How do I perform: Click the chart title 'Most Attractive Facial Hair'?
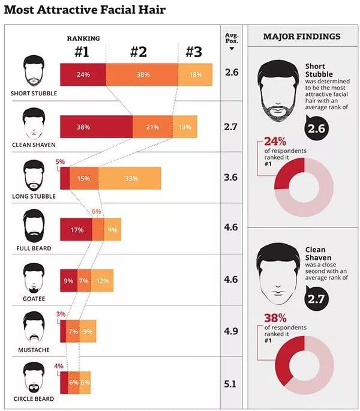click(85, 10)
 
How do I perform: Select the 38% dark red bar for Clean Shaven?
click(96, 127)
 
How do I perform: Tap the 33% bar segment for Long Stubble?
click(130, 178)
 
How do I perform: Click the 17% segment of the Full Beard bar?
click(76, 229)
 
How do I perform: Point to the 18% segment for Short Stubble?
click(195, 74)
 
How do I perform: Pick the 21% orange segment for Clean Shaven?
click(152, 127)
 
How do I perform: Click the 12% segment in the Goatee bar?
click(102, 280)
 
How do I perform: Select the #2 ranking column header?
click(139, 52)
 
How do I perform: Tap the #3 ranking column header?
click(194, 52)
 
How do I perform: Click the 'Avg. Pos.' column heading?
click(232, 38)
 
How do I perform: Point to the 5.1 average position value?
click(230, 384)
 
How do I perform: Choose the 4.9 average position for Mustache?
click(231, 331)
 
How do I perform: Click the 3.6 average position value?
click(231, 177)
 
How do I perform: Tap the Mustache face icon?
click(34, 327)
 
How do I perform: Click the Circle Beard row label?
click(34, 398)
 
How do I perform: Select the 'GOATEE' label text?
click(34, 299)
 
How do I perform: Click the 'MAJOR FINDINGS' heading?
click(302, 37)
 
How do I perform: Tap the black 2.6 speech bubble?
click(316, 128)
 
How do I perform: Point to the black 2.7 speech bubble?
click(316, 299)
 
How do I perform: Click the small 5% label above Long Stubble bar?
click(60, 162)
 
